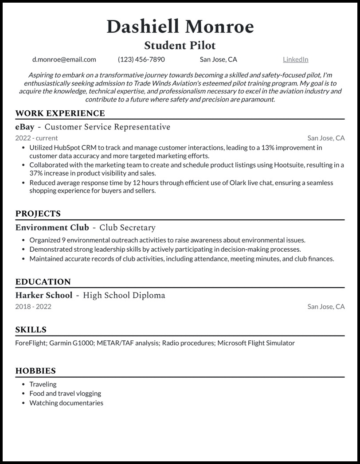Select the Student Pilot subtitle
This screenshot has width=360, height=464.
[x=180, y=45]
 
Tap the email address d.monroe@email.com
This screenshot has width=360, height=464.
[x=64, y=59]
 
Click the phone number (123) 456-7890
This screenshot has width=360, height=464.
[x=141, y=59]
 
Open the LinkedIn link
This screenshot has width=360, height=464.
[x=295, y=59]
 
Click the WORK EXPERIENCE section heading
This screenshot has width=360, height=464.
[x=60, y=113]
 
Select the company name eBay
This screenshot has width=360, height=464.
[x=25, y=127]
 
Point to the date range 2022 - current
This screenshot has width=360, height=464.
[x=36, y=138]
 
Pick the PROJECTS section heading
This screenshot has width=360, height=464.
[x=38, y=214]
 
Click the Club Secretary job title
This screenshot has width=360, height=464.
[x=127, y=228]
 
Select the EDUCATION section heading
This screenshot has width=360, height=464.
[x=43, y=282]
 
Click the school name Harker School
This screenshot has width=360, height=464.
[x=43, y=296]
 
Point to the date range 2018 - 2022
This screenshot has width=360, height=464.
[x=33, y=307]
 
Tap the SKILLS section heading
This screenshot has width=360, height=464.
[x=31, y=330]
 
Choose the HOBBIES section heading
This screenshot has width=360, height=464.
[x=35, y=371]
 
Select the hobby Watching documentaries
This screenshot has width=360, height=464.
[x=66, y=403]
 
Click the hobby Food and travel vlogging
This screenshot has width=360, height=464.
[x=65, y=394]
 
